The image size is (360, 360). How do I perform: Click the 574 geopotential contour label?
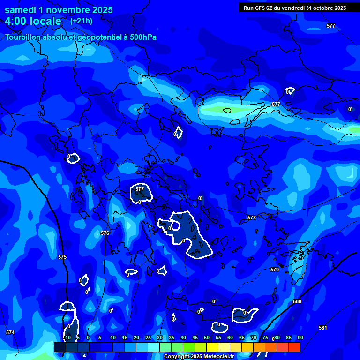pyautogui.click(x=10, y=332)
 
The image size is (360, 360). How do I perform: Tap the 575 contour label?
pyautogui.click(x=62, y=257)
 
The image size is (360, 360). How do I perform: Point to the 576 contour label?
pyautogui.click(x=105, y=233)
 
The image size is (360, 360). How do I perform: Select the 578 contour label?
pyautogui.click(x=252, y=218)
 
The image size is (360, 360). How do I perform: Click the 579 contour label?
pyautogui.click(x=275, y=270)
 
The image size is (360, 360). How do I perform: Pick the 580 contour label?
pyautogui.click(x=297, y=301)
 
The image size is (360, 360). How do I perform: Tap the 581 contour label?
pyautogui.click(x=322, y=328)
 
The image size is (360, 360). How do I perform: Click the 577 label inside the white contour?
pyautogui.click(x=140, y=189)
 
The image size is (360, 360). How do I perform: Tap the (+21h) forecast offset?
pyautogui.click(x=81, y=21)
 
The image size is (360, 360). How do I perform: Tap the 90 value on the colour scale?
pyautogui.click(x=300, y=337)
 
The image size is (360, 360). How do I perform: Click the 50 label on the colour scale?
pyautogui.click(x=207, y=337)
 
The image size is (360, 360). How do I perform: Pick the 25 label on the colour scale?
pyautogui.click(x=148, y=337)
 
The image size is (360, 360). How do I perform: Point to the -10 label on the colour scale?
pyautogui.click(x=67, y=337)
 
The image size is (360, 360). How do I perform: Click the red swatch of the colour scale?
pyautogui.click(x=294, y=347)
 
